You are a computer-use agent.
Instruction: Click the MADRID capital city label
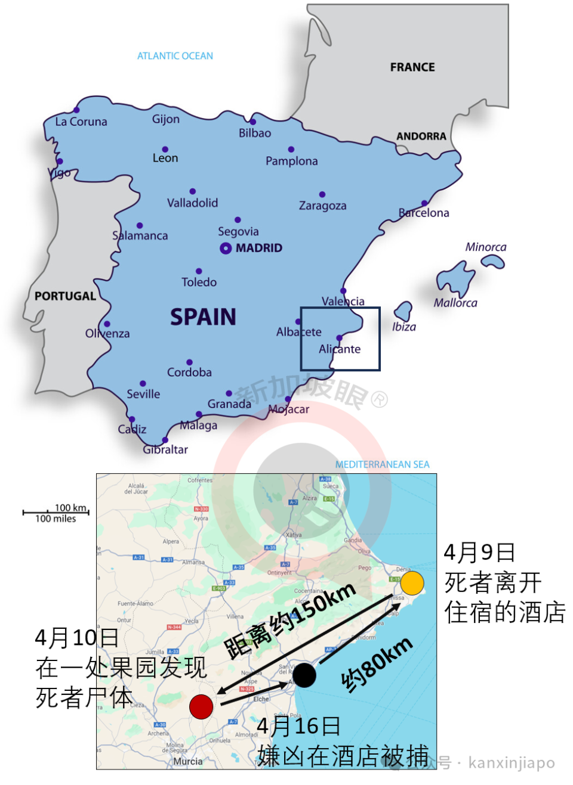(259, 248)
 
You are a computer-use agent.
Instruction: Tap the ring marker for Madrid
(226, 249)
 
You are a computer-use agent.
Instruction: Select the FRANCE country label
(412, 67)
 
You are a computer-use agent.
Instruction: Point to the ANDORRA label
(421, 136)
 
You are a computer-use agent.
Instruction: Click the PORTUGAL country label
(65, 296)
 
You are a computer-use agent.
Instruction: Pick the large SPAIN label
(203, 317)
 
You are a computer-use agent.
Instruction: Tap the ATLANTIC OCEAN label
(175, 56)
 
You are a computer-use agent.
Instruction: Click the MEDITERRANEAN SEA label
(382, 464)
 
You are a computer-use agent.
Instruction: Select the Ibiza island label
(404, 327)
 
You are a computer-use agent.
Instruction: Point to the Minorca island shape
(493, 261)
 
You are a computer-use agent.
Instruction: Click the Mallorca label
(455, 303)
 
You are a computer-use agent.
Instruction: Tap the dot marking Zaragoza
(322, 194)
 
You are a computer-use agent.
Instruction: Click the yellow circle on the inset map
(412, 583)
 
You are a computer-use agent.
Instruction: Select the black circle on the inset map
(304, 675)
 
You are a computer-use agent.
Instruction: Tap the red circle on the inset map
(201, 707)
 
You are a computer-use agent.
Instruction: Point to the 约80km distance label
(377, 664)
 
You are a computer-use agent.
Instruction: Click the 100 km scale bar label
(70, 508)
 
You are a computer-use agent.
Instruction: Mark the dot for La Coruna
(76, 110)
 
